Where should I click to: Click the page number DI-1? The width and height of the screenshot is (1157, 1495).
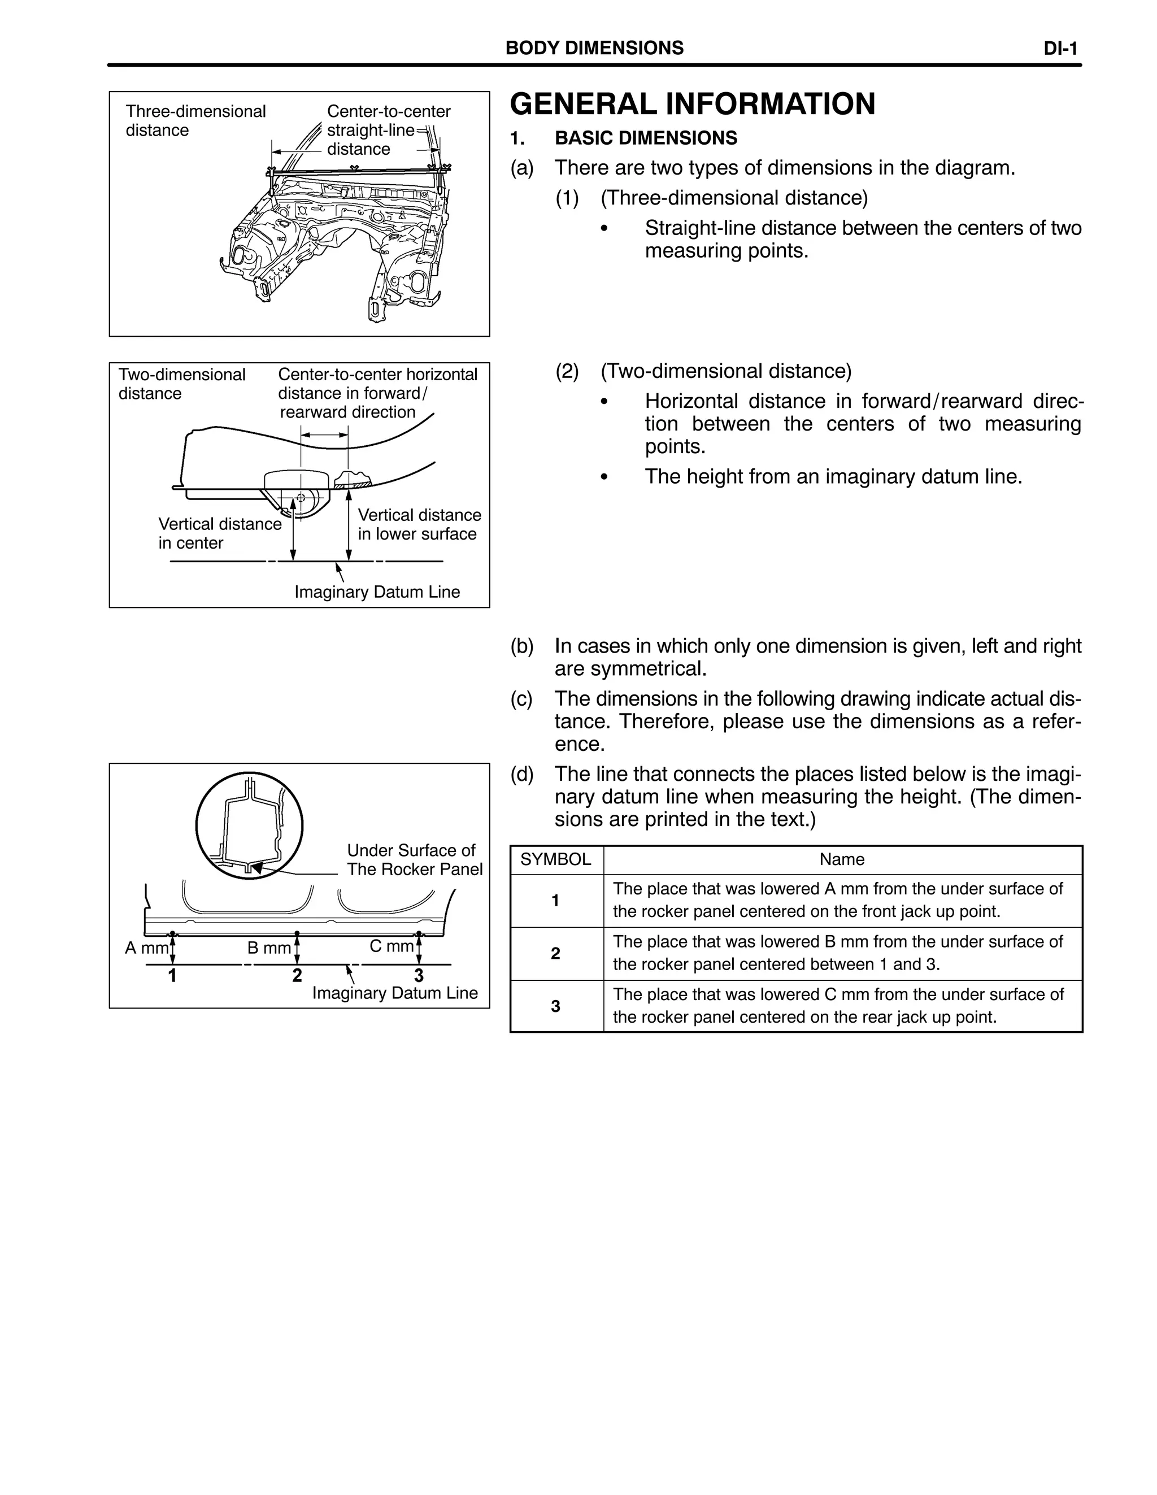(1060, 49)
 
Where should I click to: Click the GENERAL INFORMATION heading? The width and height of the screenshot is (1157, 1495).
(692, 104)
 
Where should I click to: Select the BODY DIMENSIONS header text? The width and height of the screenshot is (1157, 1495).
(594, 48)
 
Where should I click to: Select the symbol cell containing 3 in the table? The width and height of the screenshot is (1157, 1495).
(555, 1006)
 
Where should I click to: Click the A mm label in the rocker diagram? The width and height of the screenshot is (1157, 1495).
(146, 948)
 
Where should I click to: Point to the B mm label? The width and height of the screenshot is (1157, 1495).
(268, 948)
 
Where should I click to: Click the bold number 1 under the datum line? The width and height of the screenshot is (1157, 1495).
(172, 975)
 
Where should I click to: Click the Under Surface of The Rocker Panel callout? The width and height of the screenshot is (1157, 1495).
(414, 860)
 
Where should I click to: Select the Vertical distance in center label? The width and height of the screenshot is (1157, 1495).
(219, 533)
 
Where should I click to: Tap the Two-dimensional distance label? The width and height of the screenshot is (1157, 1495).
(181, 384)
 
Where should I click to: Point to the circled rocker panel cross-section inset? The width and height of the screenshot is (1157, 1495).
(249, 826)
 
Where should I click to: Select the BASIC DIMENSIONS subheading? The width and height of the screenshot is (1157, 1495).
(646, 138)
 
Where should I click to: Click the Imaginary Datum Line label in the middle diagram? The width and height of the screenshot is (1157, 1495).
(377, 592)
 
